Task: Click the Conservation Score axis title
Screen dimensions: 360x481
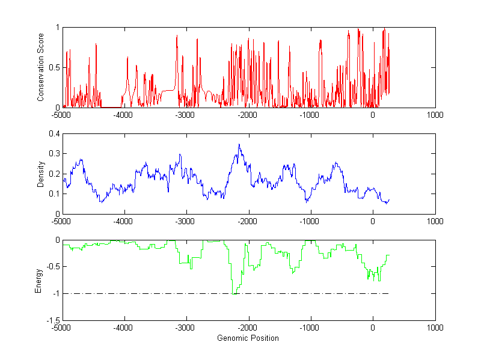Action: coord(41,67)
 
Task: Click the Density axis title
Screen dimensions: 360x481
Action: coord(41,174)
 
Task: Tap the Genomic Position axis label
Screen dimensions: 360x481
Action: coord(248,338)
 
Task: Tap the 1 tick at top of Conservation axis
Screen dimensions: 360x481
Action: coord(57,27)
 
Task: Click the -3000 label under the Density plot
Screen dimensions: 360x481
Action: coord(186,221)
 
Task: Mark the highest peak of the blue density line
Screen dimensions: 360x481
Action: coord(239,144)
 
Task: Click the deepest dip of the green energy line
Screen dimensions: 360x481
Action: coord(232,293)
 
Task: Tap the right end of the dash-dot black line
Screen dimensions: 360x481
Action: coord(388,293)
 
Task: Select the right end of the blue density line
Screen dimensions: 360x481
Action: coord(389,200)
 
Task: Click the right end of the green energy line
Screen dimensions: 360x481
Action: coord(389,255)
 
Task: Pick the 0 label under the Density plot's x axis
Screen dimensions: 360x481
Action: coord(373,221)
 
